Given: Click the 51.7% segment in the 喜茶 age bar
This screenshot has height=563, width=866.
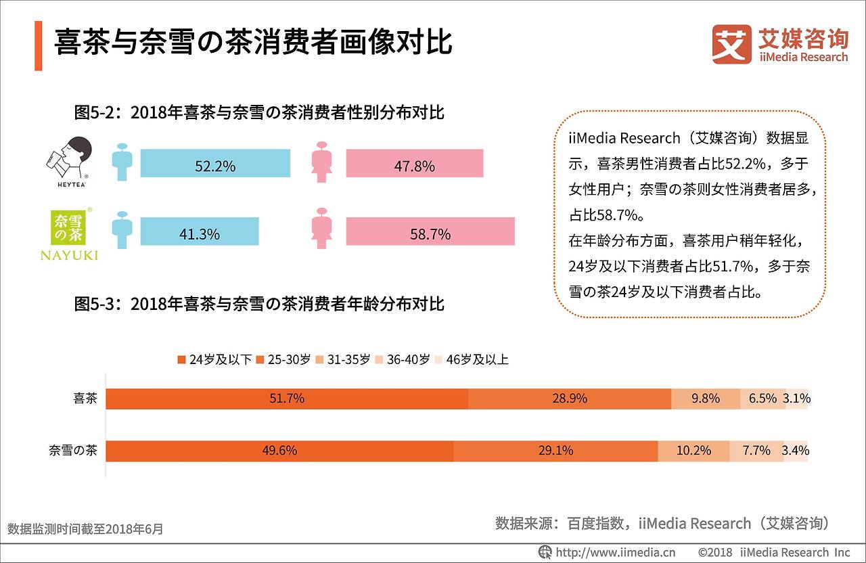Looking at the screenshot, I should coord(287,399).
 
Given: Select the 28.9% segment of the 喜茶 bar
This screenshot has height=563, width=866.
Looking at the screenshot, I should coord(569,399).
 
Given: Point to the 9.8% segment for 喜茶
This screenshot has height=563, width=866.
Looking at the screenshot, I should coord(705,399).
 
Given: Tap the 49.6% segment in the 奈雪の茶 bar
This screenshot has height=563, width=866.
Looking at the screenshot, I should coord(279,451).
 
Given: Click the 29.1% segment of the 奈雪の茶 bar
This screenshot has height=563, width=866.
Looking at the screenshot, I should coord(555,451).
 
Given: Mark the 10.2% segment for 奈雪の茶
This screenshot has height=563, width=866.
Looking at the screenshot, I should coord(693,451).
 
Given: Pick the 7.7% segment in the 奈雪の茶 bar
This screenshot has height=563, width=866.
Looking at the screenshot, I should coord(756,451).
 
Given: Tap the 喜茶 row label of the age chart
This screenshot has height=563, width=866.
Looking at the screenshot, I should coord(85,399).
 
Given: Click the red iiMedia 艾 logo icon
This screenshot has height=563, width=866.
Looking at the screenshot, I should coord(731,44).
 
